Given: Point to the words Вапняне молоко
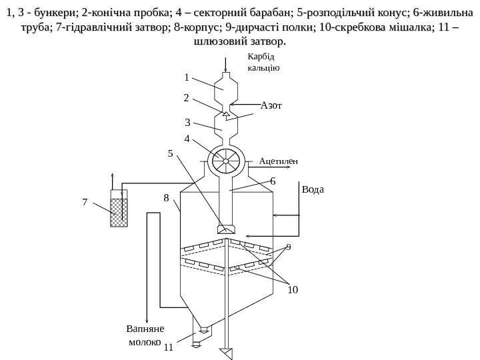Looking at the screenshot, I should (x=144, y=335).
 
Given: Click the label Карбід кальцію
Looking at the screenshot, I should (x=263, y=63).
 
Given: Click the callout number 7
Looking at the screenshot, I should (x=85, y=199).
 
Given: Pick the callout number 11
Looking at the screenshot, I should (x=168, y=347).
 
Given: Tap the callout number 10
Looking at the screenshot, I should (x=293, y=289).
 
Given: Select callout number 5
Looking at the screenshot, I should (x=170, y=153).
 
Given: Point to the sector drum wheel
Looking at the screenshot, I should (x=226, y=161).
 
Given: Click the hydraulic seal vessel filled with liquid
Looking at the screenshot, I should (x=119, y=212).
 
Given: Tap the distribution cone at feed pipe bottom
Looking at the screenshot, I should (x=226, y=229).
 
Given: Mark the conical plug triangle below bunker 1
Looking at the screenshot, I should (x=226, y=114).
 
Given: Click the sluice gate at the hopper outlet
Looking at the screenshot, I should (x=197, y=336).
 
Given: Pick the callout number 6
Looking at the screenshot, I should (x=273, y=181).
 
